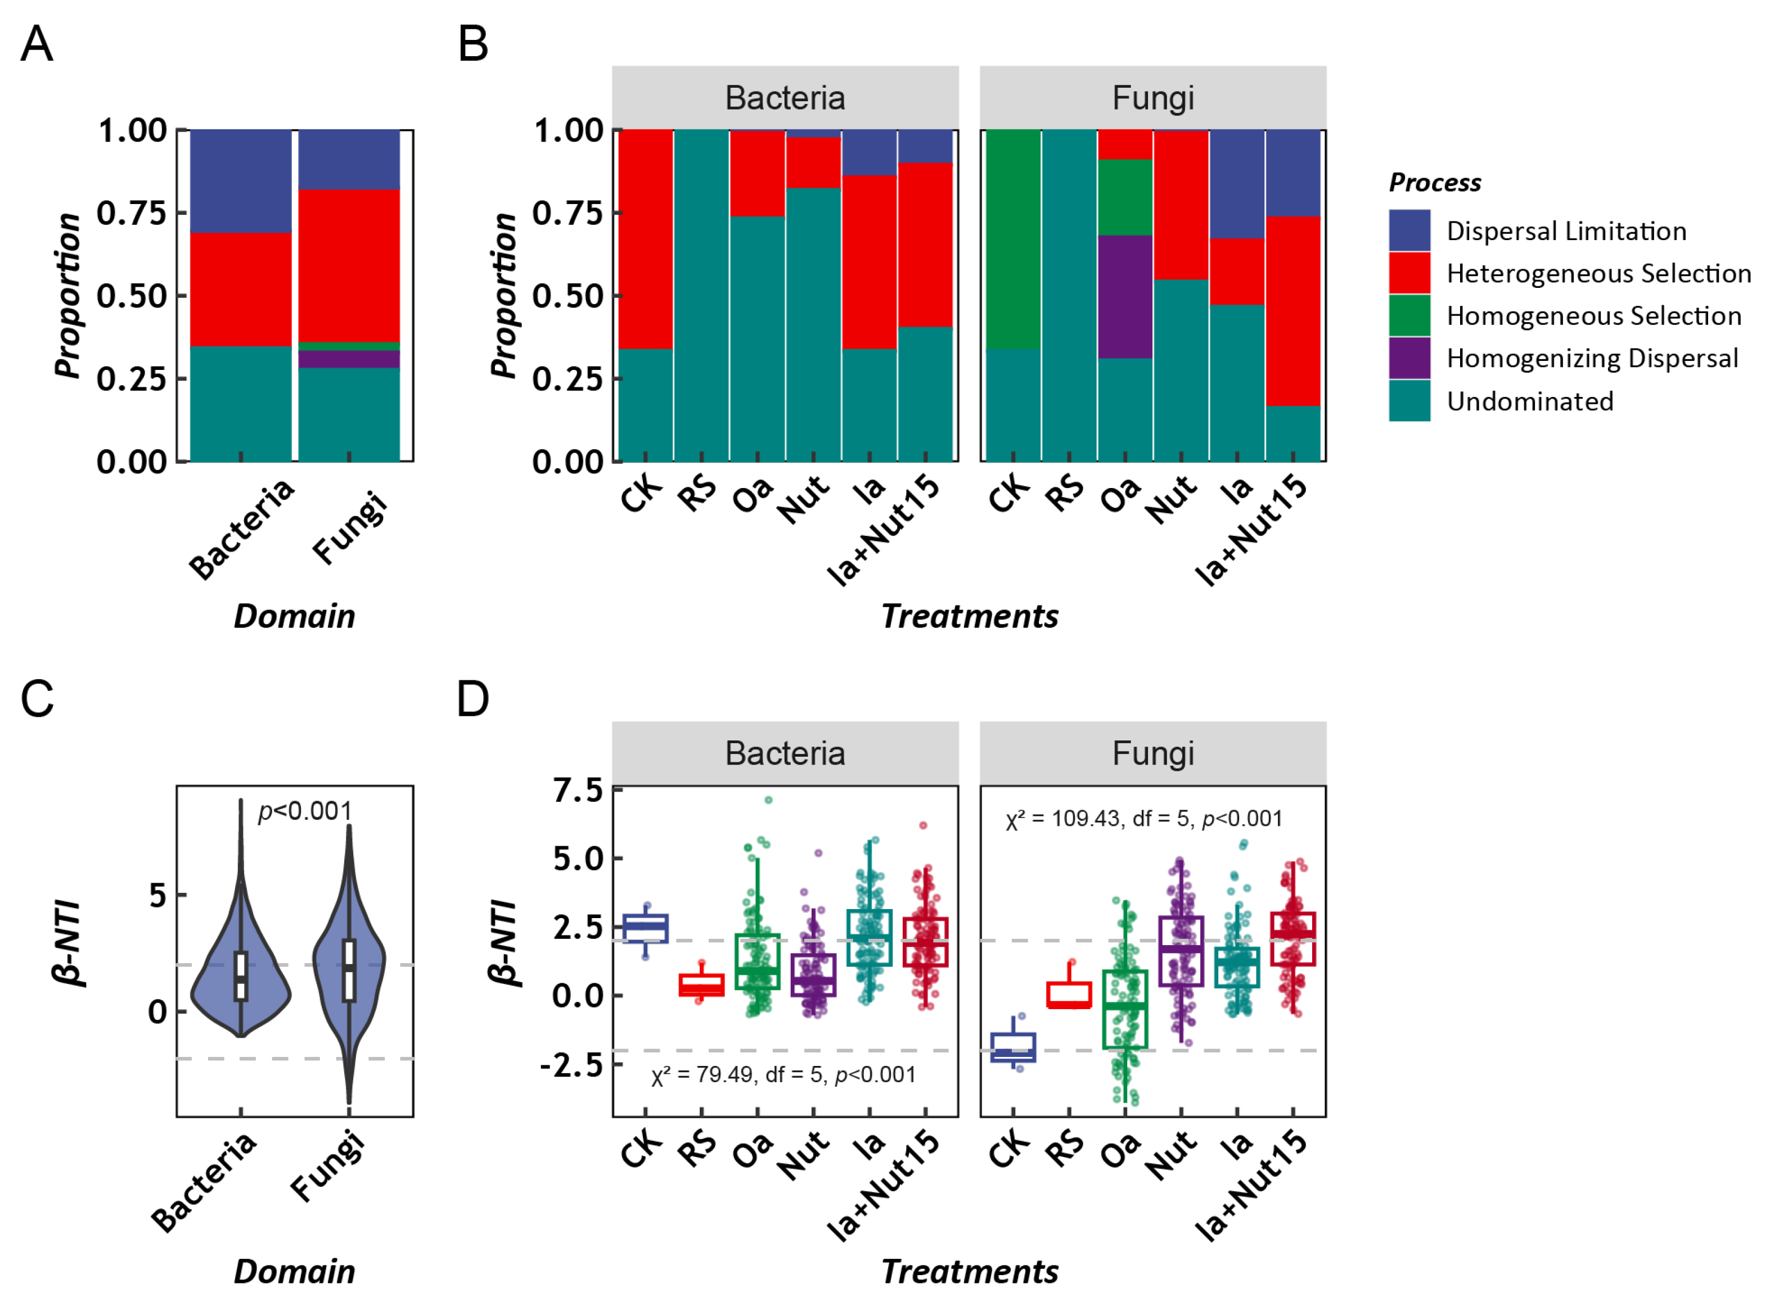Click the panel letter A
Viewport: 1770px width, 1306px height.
(37, 44)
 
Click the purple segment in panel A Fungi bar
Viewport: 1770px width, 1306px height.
(349, 359)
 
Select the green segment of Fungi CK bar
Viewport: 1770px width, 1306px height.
(1013, 239)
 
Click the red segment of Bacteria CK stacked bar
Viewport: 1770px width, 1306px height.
(645, 239)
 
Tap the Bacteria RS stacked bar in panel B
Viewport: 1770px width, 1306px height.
(701, 296)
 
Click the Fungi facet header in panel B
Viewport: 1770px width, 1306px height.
(1152, 98)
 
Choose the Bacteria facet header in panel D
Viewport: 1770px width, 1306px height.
(785, 753)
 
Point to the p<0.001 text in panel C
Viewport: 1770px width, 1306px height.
(304, 811)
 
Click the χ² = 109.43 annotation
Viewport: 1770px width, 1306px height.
(1143, 819)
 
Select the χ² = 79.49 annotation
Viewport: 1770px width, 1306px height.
(783, 1075)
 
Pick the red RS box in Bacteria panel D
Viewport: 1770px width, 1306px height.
(701, 985)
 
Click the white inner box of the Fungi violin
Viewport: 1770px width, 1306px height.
(349, 971)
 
